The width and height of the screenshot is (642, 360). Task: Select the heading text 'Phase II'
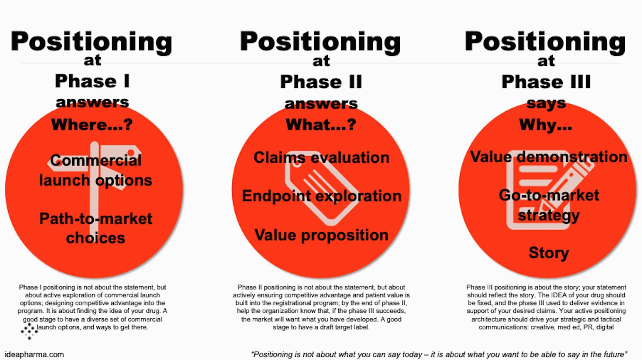tap(321, 82)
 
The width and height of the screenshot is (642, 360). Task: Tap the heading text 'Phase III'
tap(546, 82)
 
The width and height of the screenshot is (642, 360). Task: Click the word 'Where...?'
tap(92, 124)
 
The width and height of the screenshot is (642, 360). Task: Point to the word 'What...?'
tap(321, 124)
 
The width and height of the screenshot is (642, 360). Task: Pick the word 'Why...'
tap(546, 125)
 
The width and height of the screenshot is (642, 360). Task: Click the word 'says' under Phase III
tap(546, 103)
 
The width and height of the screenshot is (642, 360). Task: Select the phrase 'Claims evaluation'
tap(321, 158)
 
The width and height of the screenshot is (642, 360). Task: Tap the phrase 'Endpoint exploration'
tap(322, 196)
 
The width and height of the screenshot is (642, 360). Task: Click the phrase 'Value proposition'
tap(321, 235)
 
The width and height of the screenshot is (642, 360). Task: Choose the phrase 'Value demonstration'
tap(549, 157)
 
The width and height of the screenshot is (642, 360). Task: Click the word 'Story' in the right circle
tap(549, 253)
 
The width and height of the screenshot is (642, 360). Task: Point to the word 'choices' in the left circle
tap(96, 238)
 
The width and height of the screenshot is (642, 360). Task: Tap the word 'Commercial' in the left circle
tap(96, 160)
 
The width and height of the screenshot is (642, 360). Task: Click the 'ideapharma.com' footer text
tap(34, 355)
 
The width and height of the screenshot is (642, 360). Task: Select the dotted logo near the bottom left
tap(29, 331)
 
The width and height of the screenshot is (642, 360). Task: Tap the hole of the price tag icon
tap(297, 164)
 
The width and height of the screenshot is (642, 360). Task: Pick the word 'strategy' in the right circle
tap(549, 215)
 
